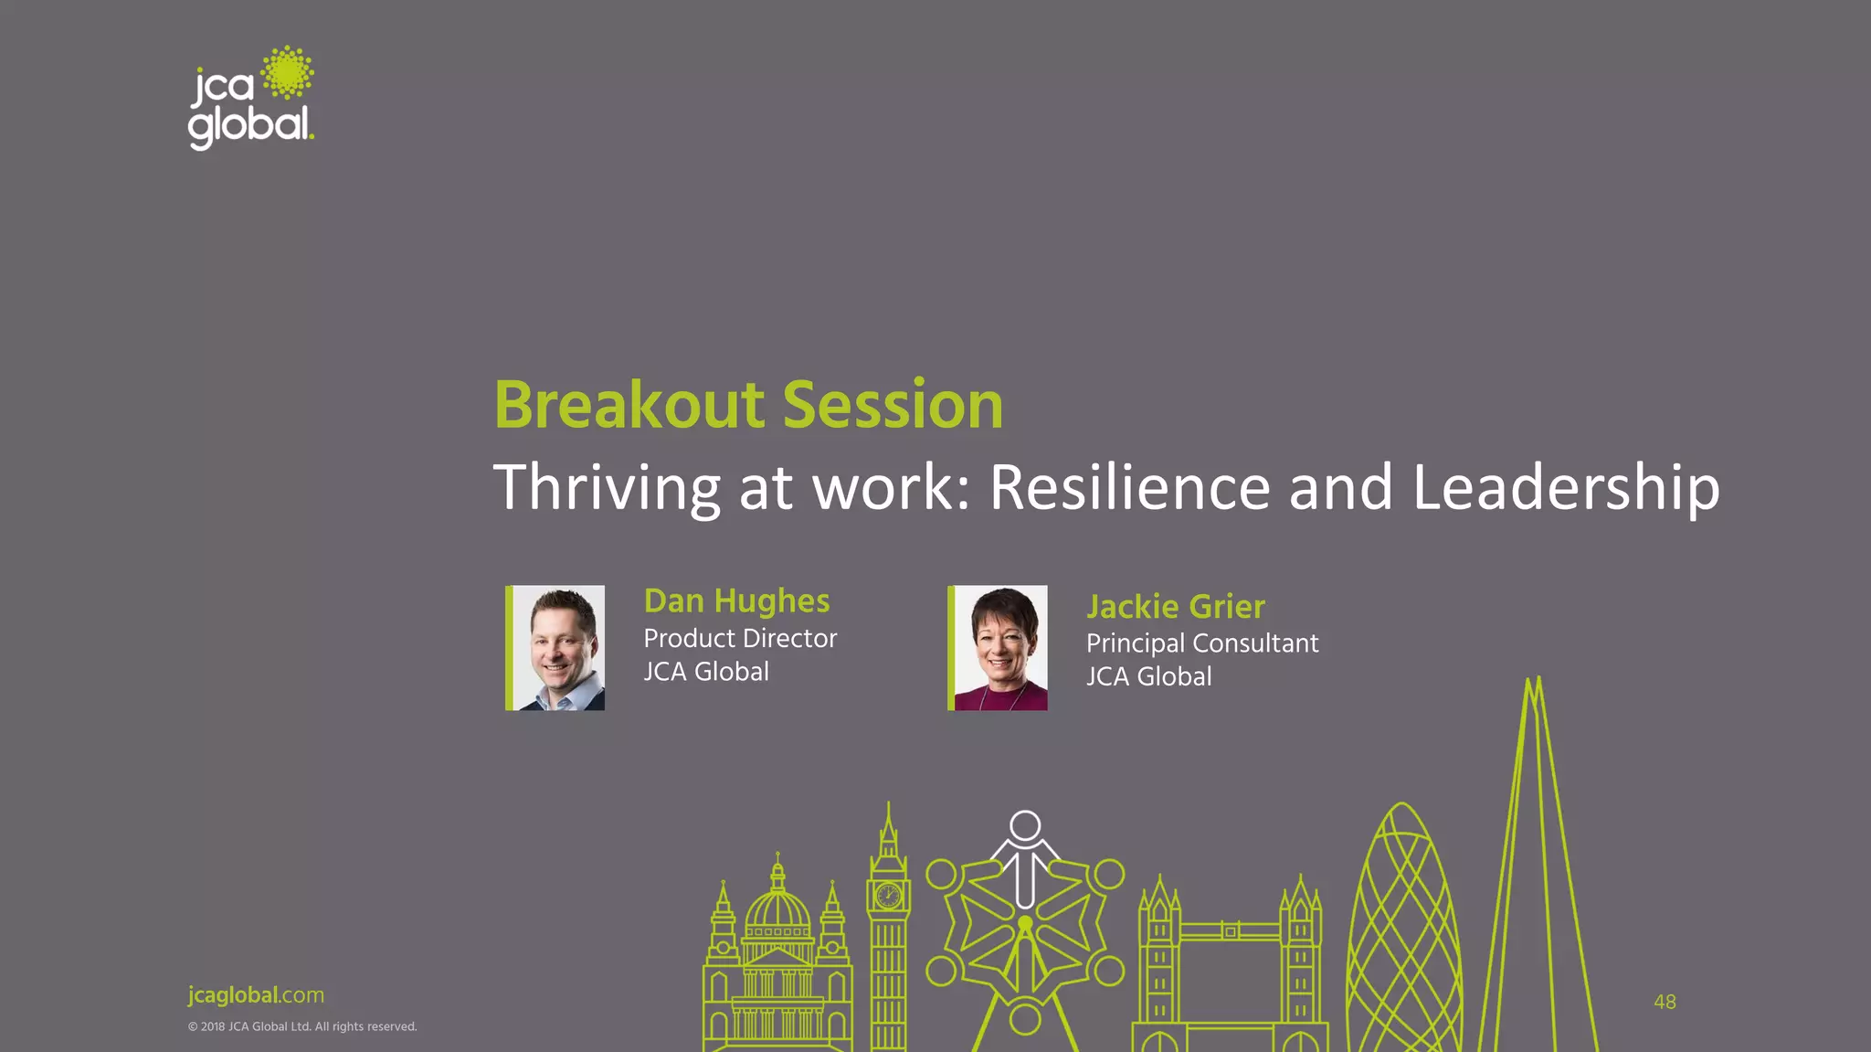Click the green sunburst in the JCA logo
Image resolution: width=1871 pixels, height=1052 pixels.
(288, 73)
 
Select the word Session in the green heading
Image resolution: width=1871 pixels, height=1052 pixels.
(893, 405)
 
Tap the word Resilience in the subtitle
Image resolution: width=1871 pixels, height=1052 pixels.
(1129, 486)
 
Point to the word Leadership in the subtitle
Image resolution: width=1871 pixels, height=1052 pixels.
(1566, 488)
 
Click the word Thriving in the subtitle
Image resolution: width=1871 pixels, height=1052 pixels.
(607, 488)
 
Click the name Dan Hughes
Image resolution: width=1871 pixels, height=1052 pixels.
(736, 601)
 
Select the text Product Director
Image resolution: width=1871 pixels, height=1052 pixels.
(740, 638)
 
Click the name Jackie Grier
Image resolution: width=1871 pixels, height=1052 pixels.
(1175, 607)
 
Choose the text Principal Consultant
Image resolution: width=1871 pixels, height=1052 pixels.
(1201, 643)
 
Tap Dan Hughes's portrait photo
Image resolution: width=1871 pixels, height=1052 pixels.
(558, 648)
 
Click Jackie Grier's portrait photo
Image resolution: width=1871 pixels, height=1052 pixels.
(1000, 648)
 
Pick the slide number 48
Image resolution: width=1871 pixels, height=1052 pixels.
(1665, 1002)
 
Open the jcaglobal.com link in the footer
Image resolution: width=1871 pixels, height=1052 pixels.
(256, 995)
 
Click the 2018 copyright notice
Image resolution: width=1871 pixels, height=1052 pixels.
(301, 1026)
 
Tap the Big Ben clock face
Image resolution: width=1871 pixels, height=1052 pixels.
(888, 895)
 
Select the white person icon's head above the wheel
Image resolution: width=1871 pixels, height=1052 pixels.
(1025, 825)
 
